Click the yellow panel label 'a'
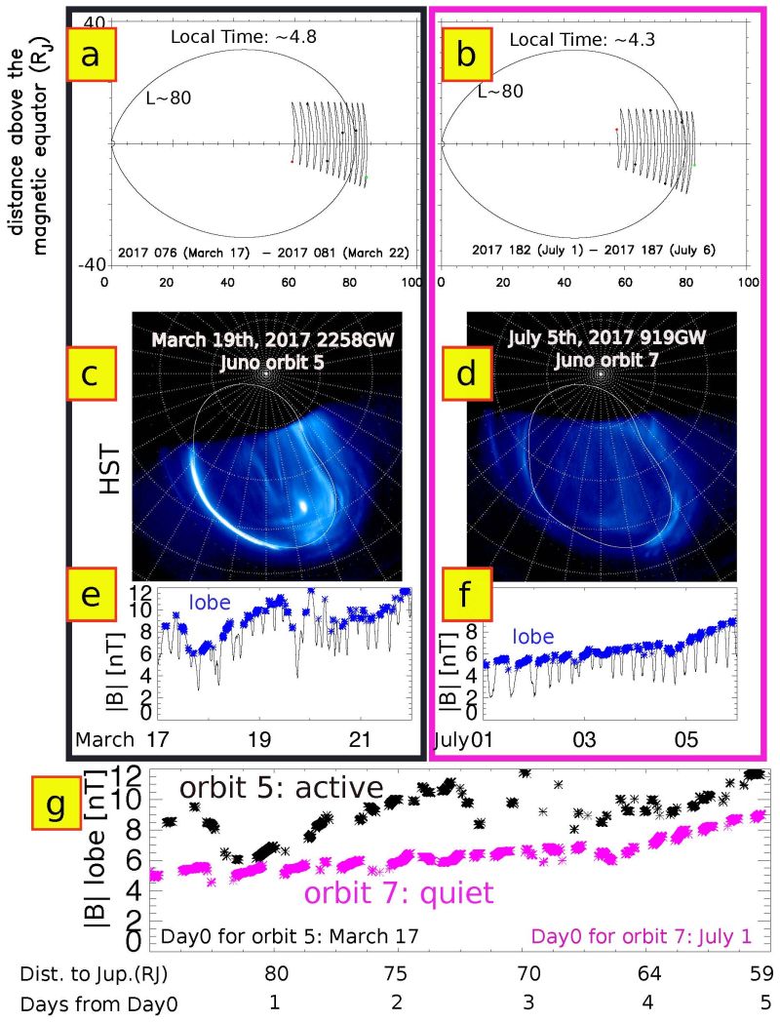tap(90, 56)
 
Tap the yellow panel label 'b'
tap(467, 56)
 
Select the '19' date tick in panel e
tap(259, 742)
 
